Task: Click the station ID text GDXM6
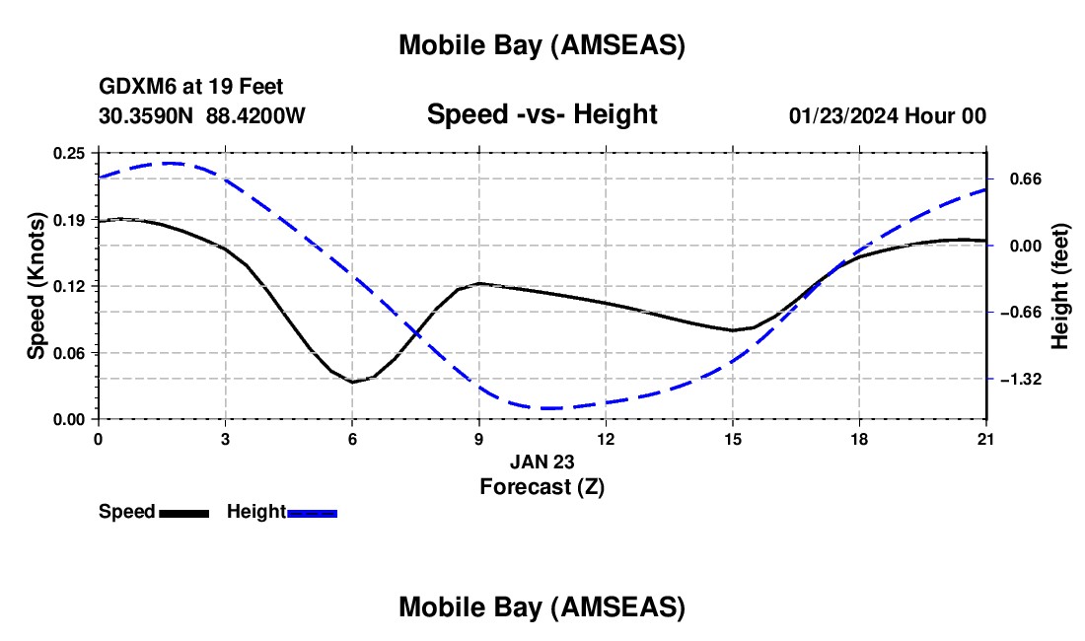pyautogui.click(x=134, y=87)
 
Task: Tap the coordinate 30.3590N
pyautogui.click(x=147, y=115)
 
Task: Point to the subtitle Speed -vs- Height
pyautogui.click(x=542, y=114)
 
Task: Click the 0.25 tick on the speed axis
pyautogui.click(x=68, y=153)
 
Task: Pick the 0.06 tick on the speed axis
pyautogui.click(x=68, y=353)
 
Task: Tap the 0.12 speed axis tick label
pyautogui.click(x=68, y=286)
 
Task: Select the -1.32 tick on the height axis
pyautogui.click(x=1023, y=379)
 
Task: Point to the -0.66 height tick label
pyautogui.click(x=1023, y=313)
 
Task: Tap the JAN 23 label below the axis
pyautogui.click(x=542, y=462)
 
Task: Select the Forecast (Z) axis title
pyautogui.click(x=542, y=486)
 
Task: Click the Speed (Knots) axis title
pyautogui.click(x=36, y=286)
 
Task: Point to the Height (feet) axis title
pyautogui.click(x=1061, y=286)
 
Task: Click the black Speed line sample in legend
pyautogui.click(x=183, y=513)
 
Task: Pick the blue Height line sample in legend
pyautogui.click(x=312, y=513)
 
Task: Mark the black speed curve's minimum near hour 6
pyautogui.click(x=352, y=382)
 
